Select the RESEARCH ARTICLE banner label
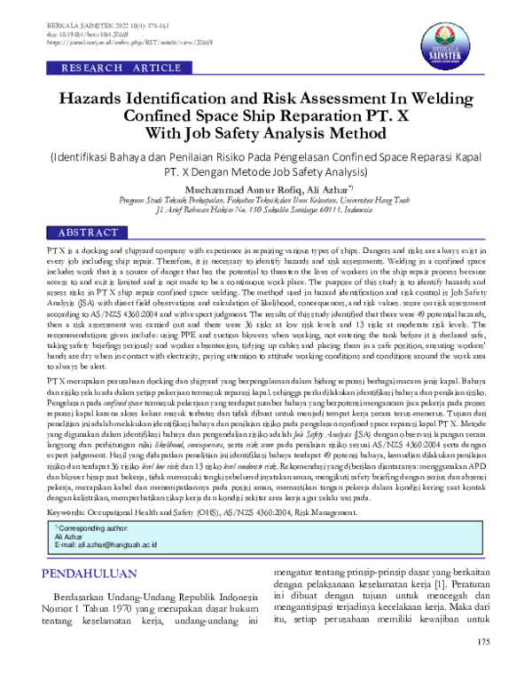point(109,68)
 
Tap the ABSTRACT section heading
point(87,233)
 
